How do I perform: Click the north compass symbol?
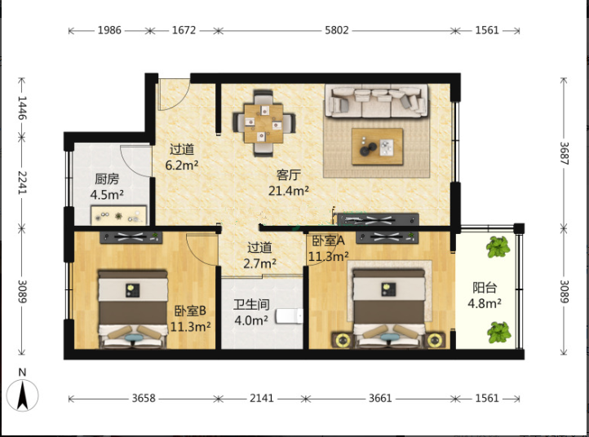point(22,395)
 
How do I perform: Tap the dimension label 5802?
point(337,30)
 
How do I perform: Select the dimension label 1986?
point(109,30)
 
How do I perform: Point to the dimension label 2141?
point(262,398)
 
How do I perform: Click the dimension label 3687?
point(565,153)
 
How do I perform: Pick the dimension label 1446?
point(22,108)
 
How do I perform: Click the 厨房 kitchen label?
point(107,179)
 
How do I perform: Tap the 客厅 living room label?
point(289,175)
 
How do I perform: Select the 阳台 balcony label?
point(485,288)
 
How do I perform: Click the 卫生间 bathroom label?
point(251,304)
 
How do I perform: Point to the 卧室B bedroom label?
point(190,311)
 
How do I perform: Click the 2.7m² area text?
point(260,263)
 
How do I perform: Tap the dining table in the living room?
point(263,123)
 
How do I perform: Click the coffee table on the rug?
point(377,147)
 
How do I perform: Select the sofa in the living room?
point(376,101)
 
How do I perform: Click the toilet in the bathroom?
point(290,316)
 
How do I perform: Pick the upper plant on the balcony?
point(498,247)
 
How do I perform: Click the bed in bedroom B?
point(133,309)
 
